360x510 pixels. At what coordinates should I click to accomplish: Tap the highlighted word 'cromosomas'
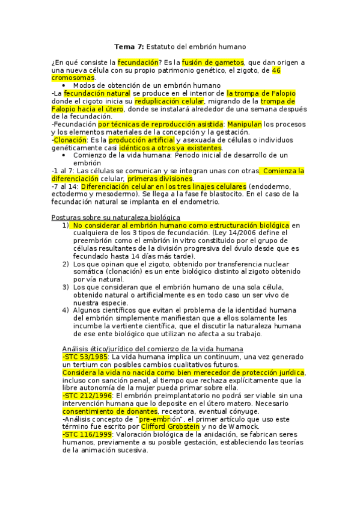[73, 78]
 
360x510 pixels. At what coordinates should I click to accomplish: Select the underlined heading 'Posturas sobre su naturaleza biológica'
[115, 217]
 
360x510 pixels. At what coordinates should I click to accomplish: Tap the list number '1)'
[66, 225]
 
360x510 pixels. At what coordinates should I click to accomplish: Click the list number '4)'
[66, 310]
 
